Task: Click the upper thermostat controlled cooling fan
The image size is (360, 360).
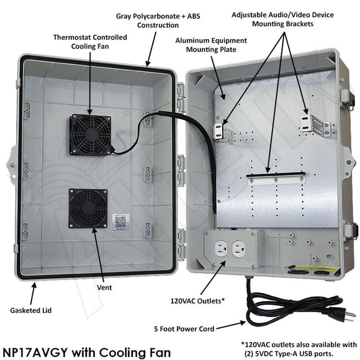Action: click(x=91, y=133)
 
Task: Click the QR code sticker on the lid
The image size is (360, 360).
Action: click(x=120, y=220)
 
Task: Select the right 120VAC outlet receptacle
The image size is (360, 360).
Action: click(x=239, y=249)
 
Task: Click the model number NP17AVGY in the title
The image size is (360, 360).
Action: click(x=34, y=351)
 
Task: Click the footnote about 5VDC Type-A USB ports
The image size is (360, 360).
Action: click(x=298, y=349)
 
